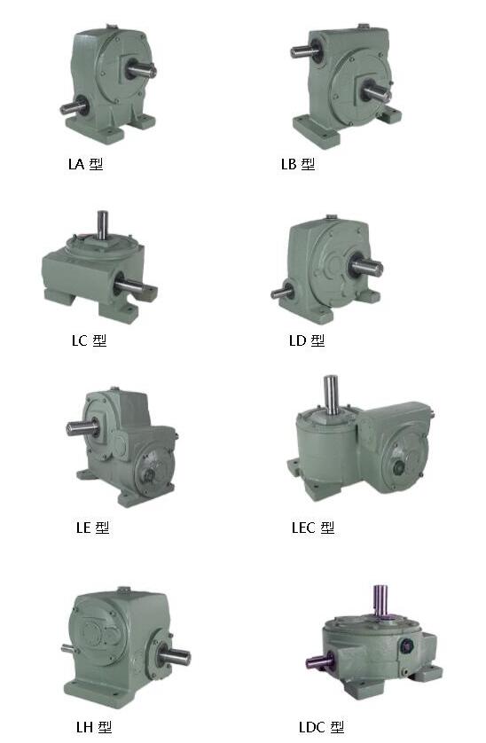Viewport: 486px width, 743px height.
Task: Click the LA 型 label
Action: tap(85, 164)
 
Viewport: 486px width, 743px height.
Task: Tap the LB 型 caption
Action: tap(298, 164)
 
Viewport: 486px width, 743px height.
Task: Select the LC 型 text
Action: tap(90, 340)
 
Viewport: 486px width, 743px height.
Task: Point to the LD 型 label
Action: tap(307, 340)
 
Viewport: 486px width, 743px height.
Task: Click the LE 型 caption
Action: tap(93, 528)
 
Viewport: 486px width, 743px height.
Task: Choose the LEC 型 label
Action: tap(313, 528)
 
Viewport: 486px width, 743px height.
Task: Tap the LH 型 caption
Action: tap(94, 727)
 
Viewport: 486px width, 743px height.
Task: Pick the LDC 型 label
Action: tap(321, 727)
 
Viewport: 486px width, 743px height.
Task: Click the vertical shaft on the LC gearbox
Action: tap(102, 225)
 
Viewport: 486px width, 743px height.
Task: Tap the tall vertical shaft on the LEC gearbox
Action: tap(332, 395)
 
